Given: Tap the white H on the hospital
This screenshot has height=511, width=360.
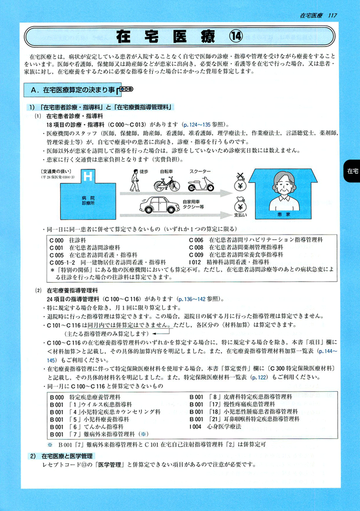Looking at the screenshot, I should (88, 176).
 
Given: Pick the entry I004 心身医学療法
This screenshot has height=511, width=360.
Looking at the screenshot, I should (219, 425).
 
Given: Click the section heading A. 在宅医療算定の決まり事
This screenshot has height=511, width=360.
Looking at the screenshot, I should (74, 91).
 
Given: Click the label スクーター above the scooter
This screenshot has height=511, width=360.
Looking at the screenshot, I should (199, 171).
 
